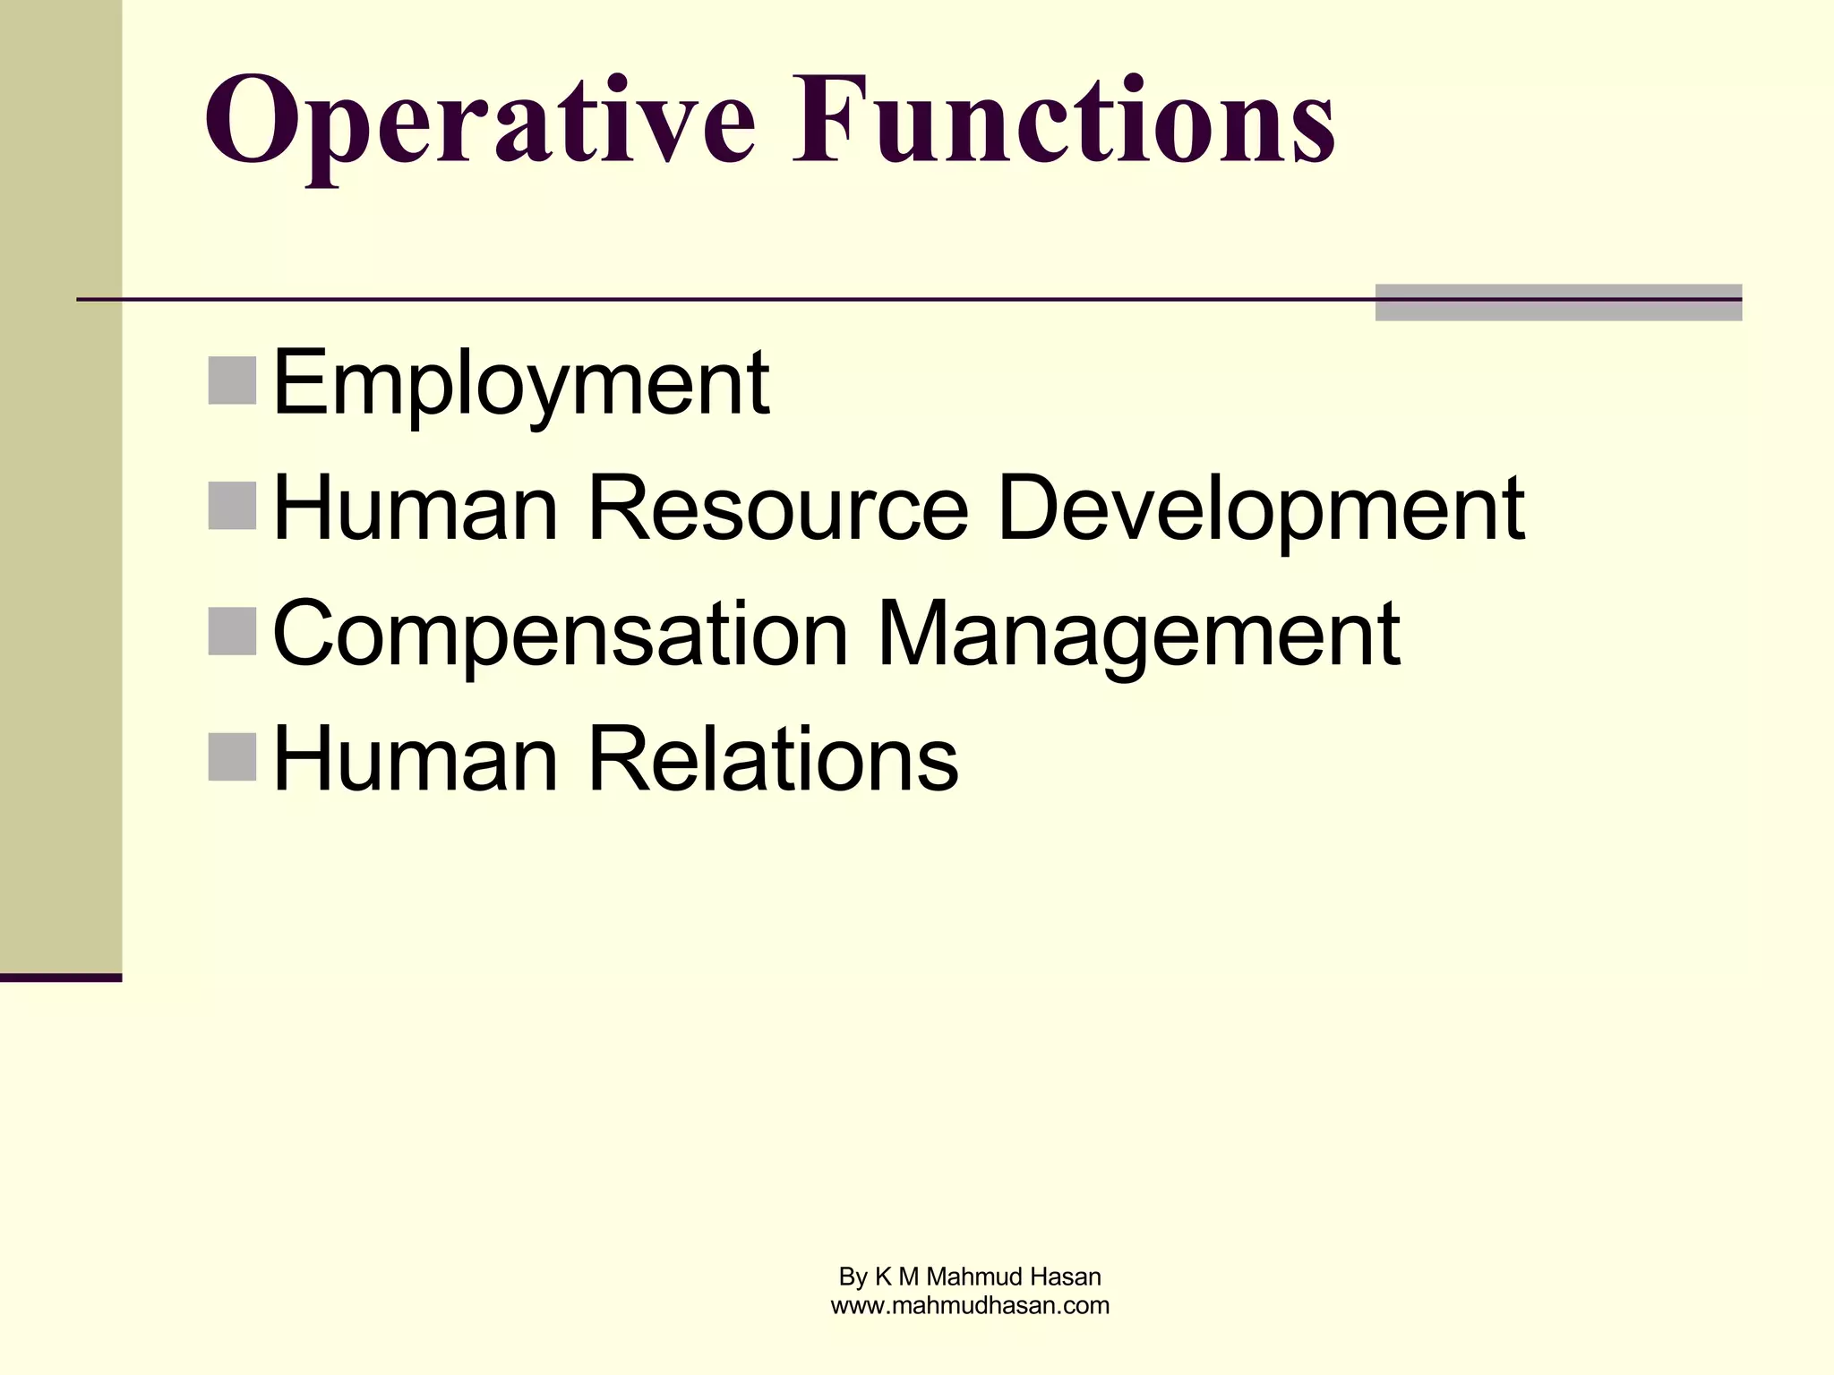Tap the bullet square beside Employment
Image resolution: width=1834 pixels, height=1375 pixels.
coord(232,380)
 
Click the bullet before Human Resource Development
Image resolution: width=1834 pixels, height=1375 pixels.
coord(232,506)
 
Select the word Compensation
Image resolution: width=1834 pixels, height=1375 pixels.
coord(560,635)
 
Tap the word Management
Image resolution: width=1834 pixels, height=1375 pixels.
coord(1138,635)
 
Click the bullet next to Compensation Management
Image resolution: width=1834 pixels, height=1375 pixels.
coord(232,631)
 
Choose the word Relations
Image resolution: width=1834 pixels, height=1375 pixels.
coord(772,760)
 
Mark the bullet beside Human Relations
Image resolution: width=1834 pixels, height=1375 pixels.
coord(232,756)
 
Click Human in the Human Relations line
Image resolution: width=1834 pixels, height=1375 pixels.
coord(416,760)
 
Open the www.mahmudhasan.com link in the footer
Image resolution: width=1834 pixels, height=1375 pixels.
coord(970,1306)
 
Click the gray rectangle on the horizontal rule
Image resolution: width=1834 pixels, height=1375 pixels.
coord(1558,303)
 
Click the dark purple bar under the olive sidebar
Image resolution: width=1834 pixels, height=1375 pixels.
coord(61,978)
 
